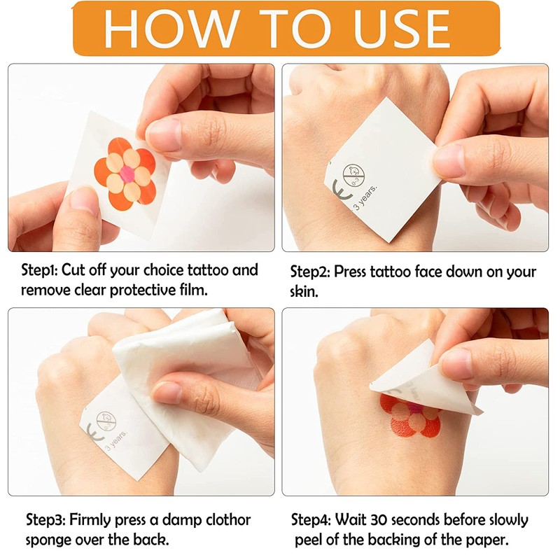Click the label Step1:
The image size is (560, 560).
[x=40, y=270]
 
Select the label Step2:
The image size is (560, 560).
[x=310, y=272]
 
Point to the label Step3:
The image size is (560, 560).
[x=45, y=520]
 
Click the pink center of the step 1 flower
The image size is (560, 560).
[x=127, y=174]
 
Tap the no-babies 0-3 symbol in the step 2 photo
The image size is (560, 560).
[x=354, y=175]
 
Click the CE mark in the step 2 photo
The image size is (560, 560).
[x=342, y=189]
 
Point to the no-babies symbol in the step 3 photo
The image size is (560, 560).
[x=106, y=422]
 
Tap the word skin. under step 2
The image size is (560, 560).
[x=304, y=291]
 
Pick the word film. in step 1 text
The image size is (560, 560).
[x=194, y=290]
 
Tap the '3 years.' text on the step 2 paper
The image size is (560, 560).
[x=365, y=197]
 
